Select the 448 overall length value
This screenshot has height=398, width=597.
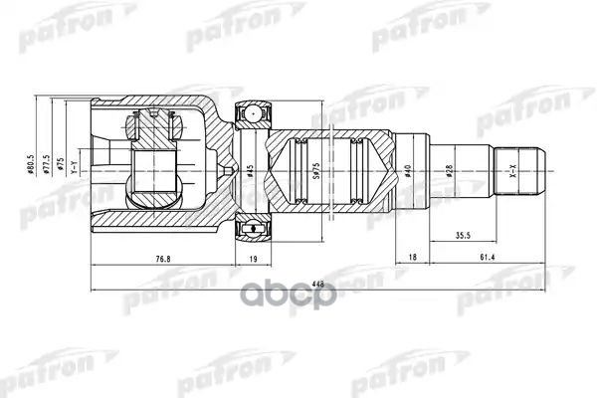318,283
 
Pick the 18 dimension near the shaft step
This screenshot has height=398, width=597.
413,259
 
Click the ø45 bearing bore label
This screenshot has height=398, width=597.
250,170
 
